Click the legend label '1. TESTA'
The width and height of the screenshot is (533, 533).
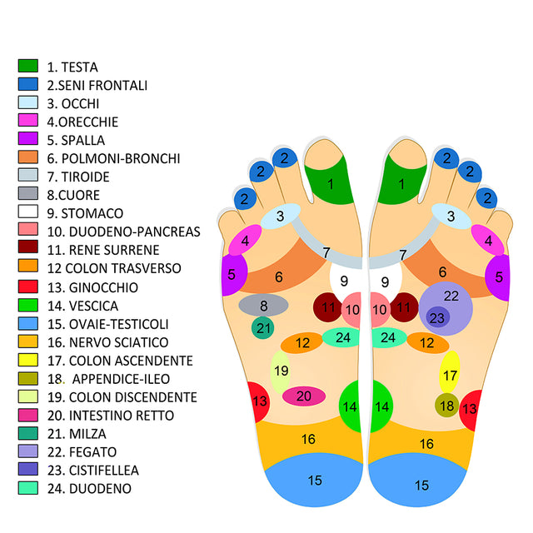[72, 67]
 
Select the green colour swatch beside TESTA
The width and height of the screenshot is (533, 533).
[28, 66]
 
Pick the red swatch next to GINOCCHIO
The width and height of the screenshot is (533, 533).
[28, 286]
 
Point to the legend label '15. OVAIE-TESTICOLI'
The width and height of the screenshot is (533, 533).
[107, 323]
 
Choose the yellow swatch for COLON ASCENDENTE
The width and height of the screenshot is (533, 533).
[28, 360]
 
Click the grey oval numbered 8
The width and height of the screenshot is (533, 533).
[263, 306]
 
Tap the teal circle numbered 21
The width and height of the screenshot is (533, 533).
[263, 328]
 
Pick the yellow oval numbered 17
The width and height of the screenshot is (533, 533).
[450, 375]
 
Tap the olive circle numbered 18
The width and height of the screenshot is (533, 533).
[447, 406]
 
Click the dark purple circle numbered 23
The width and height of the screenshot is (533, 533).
[437, 317]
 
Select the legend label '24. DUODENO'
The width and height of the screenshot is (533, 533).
[89, 488]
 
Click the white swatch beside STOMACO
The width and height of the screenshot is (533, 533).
[28, 213]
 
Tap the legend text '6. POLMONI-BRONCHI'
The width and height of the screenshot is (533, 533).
[113, 158]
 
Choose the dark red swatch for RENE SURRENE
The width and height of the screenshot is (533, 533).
[28, 250]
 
